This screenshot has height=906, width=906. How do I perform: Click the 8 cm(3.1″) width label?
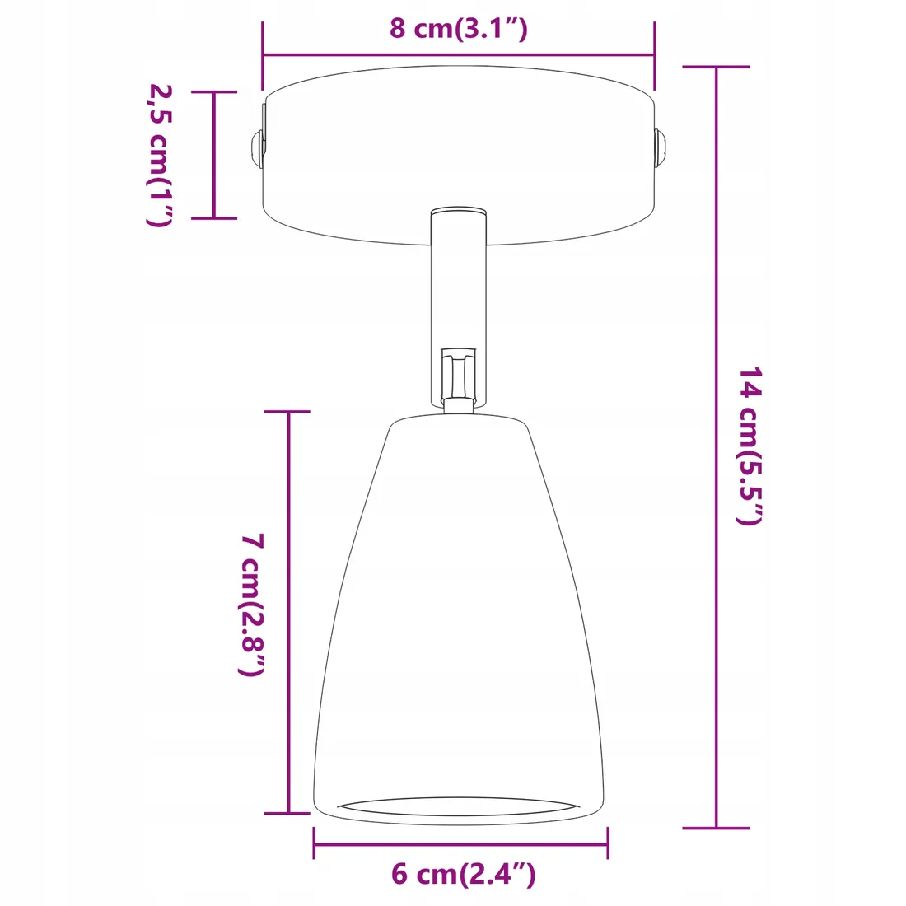click(x=458, y=28)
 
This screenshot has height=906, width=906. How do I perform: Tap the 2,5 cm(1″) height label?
click(x=157, y=155)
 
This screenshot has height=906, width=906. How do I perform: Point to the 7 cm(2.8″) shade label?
click(x=251, y=605)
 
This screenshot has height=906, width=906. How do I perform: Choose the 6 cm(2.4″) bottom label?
click(x=463, y=873)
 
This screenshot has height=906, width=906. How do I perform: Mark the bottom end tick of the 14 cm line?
click(x=716, y=827)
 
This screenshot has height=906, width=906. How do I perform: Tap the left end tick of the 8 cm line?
click(x=263, y=55)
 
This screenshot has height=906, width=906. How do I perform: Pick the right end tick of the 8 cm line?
click(x=655, y=55)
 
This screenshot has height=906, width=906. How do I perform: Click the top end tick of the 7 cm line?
click(x=287, y=411)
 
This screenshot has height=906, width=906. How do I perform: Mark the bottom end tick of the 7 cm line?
click(x=287, y=813)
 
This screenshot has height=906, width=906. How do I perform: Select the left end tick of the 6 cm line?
click(x=314, y=843)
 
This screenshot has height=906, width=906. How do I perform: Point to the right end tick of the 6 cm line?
click(x=608, y=843)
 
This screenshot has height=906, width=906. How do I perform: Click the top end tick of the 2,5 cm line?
click(x=214, y=92)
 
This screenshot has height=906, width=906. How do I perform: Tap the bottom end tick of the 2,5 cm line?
click(x=214, y=218)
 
